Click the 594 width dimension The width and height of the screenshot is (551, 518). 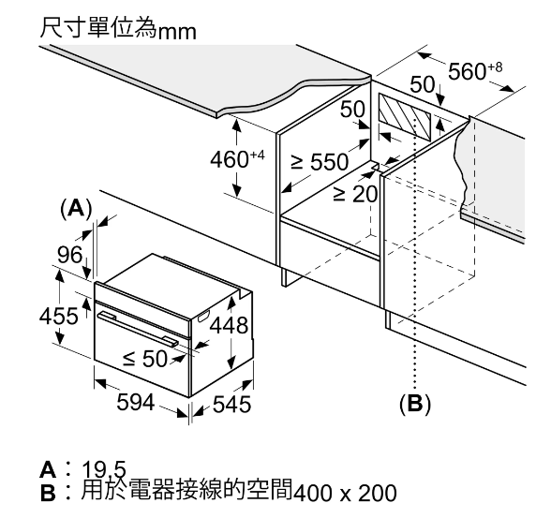tap(136, 403)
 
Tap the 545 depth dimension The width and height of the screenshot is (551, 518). tap(232, 404)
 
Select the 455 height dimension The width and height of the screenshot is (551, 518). tap(58, 316)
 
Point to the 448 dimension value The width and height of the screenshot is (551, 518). tap(229, 325)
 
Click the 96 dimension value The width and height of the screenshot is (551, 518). tap(70, 255)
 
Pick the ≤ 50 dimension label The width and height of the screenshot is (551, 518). tap(144, 358)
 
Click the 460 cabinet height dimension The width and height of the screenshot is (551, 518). tap(237, 159)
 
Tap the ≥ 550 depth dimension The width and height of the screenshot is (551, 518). tap(320, 161)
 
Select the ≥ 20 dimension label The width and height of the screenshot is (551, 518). tap(355, 194)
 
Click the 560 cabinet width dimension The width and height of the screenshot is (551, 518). tap(475, 70)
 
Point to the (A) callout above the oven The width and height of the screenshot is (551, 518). tap(76, 209)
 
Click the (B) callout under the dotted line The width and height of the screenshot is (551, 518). tap(415, 403)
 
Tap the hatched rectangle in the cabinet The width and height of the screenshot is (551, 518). tap(405, 116)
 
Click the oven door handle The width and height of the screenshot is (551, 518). tap(138, 330)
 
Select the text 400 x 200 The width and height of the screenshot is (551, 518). tap(345, 493)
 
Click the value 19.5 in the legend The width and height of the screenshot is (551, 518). tap(104, 469)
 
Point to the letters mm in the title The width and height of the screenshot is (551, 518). tap(177, 32)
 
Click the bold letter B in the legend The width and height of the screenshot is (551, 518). tap(48, 493)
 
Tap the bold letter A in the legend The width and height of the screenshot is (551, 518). tap(48, 469)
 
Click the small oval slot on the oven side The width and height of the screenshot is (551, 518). tap(203, 317)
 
